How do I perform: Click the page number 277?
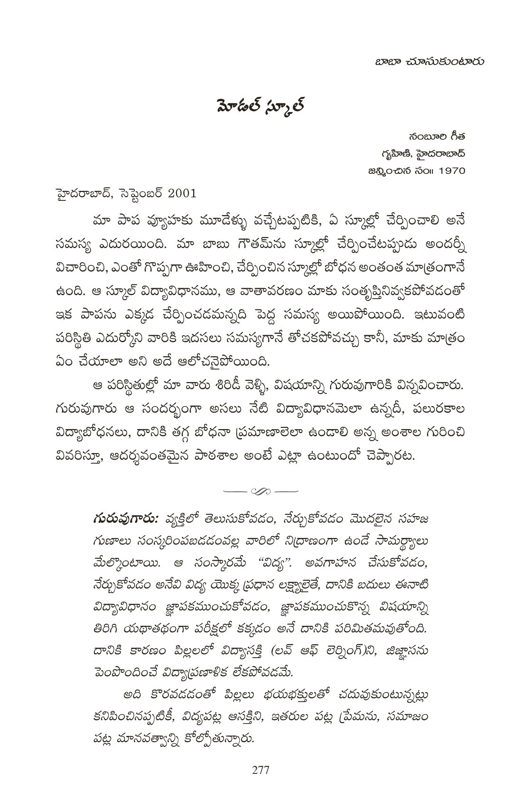click(260, 770)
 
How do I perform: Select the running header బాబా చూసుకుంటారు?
click(424, 61)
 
